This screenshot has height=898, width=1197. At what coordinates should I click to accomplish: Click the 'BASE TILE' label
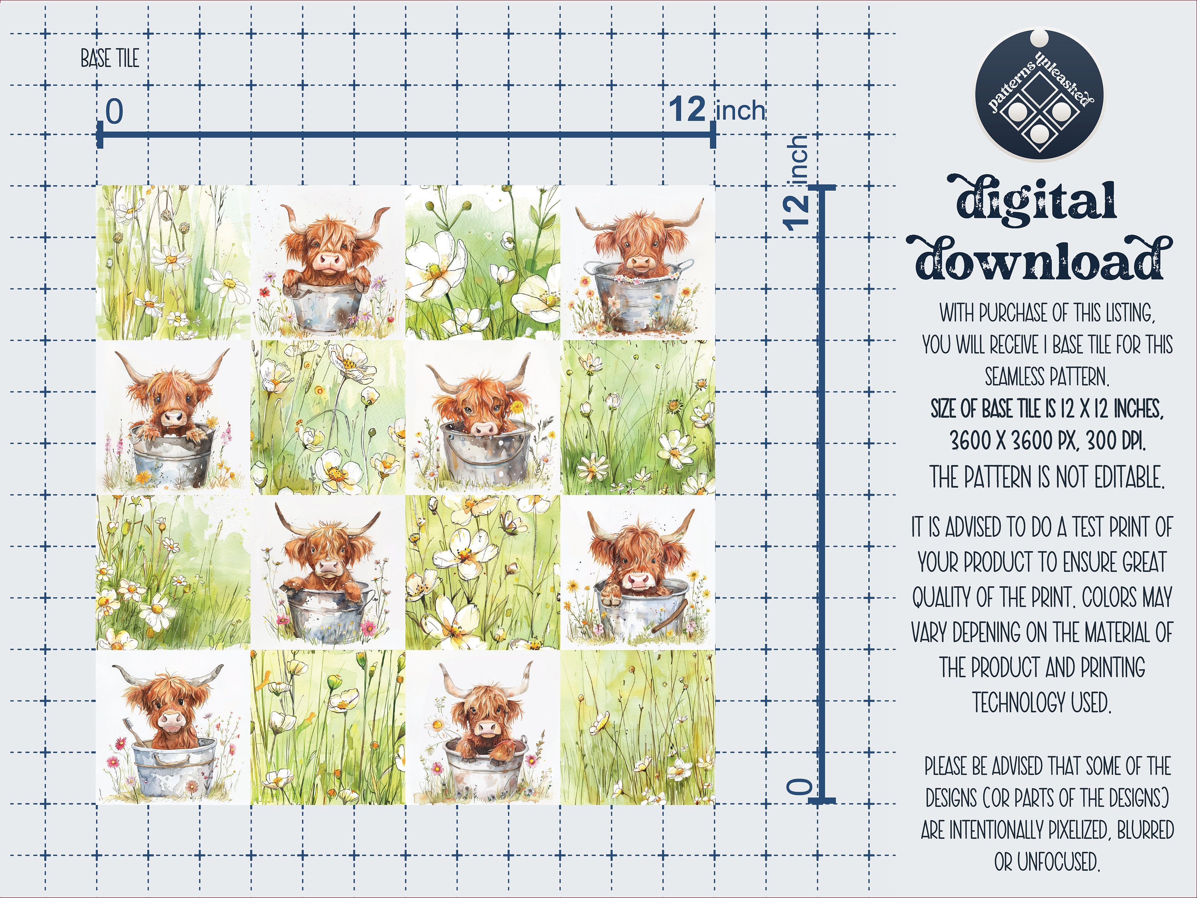(x=110, y=58)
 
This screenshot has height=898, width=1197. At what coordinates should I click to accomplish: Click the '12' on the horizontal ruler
(x=687, y=109)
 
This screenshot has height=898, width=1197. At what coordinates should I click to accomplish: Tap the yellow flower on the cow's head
(x=517, y=407)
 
